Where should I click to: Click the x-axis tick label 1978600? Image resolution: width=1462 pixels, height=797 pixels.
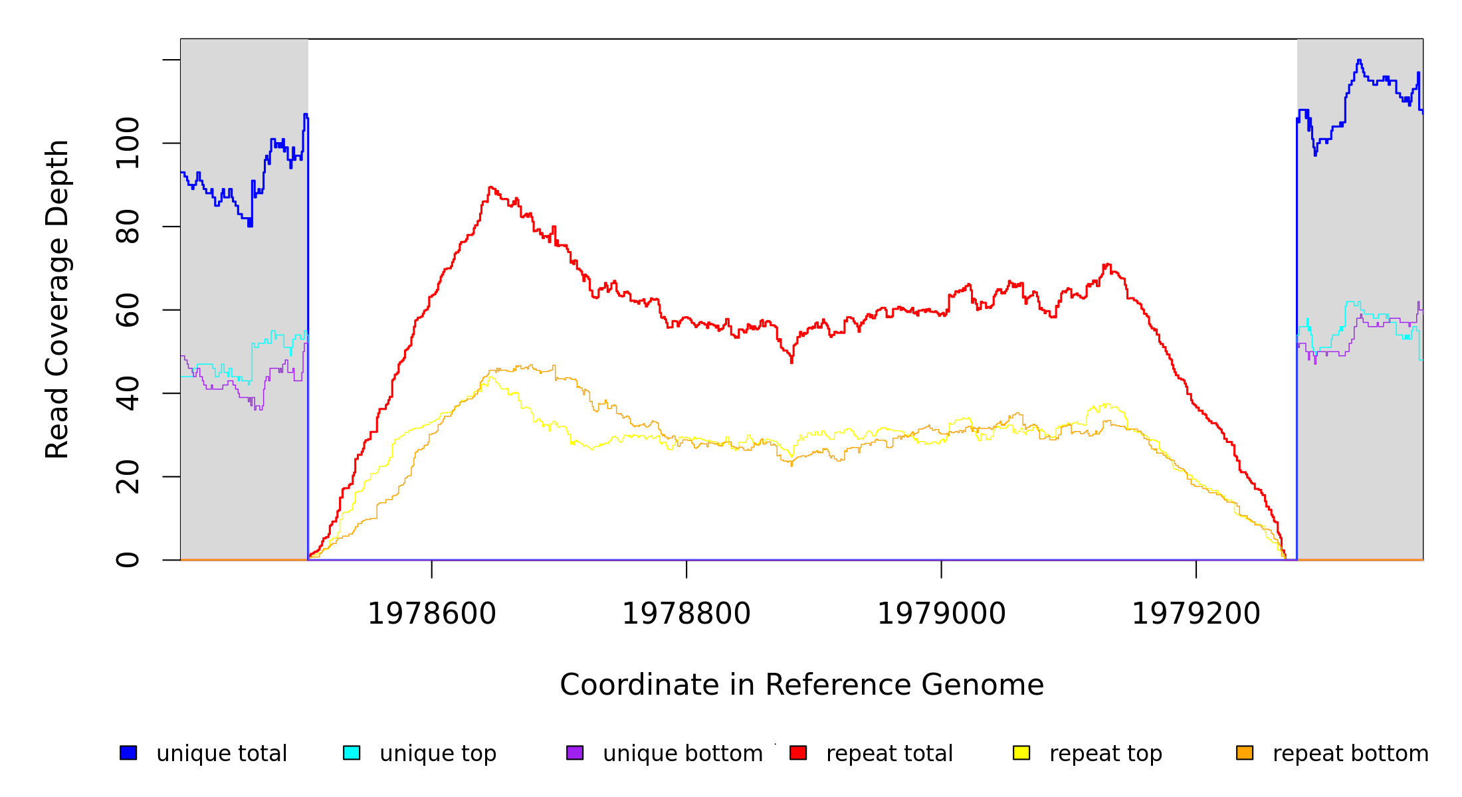[431, 614]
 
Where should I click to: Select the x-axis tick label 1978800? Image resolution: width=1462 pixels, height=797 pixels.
[686, 614]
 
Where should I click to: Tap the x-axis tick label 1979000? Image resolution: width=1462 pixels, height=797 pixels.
[941, 614]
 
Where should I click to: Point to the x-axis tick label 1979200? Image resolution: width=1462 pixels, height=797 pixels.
[1196, 614]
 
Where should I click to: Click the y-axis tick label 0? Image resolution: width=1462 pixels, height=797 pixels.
[128, 560]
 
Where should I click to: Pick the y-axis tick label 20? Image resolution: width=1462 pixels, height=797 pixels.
[128, 477]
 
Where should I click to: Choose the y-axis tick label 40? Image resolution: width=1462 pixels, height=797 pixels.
[128, 393]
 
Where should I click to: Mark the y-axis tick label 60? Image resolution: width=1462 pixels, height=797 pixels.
[128, 310]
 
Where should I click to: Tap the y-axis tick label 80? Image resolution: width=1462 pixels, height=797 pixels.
[128, 226]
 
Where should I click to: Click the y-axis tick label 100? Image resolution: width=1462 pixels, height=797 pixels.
[128, 143]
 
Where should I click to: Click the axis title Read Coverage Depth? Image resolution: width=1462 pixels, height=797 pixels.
[57, 299]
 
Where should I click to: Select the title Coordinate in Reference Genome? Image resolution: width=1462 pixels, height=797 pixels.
[801, 685]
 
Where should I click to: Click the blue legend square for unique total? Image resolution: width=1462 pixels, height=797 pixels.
[128, 753]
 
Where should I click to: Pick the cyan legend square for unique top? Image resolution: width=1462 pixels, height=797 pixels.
[352, 753]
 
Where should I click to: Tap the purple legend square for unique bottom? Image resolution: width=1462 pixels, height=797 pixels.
[575, 753]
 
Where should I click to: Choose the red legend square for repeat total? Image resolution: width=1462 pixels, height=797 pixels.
[798, 753]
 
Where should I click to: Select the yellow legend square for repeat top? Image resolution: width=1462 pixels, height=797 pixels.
[1021, 753]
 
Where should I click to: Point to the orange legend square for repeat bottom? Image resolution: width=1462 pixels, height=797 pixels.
[1245, 753]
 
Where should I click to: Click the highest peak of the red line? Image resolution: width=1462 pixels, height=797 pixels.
[490, 187]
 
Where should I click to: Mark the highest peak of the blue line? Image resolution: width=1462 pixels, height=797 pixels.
[1359, 60]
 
